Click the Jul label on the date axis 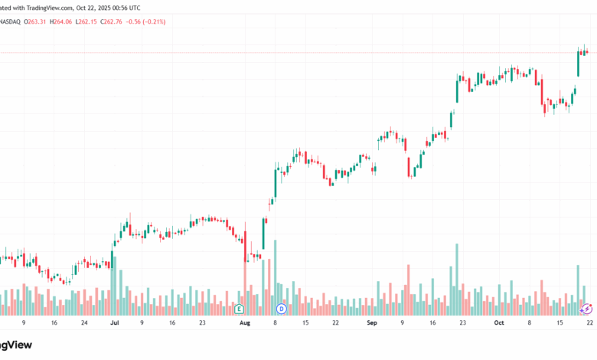coord(114,324)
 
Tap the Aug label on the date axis coord(244,324)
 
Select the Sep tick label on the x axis coord(372,324)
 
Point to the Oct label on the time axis coord(499,324)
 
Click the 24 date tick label coord(85,324)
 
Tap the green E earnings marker coord(240,309)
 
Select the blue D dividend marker coord(280,309)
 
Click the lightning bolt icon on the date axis coord(587,309)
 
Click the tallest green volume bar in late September coord(457,280)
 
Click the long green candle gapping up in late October coord(578,65)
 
